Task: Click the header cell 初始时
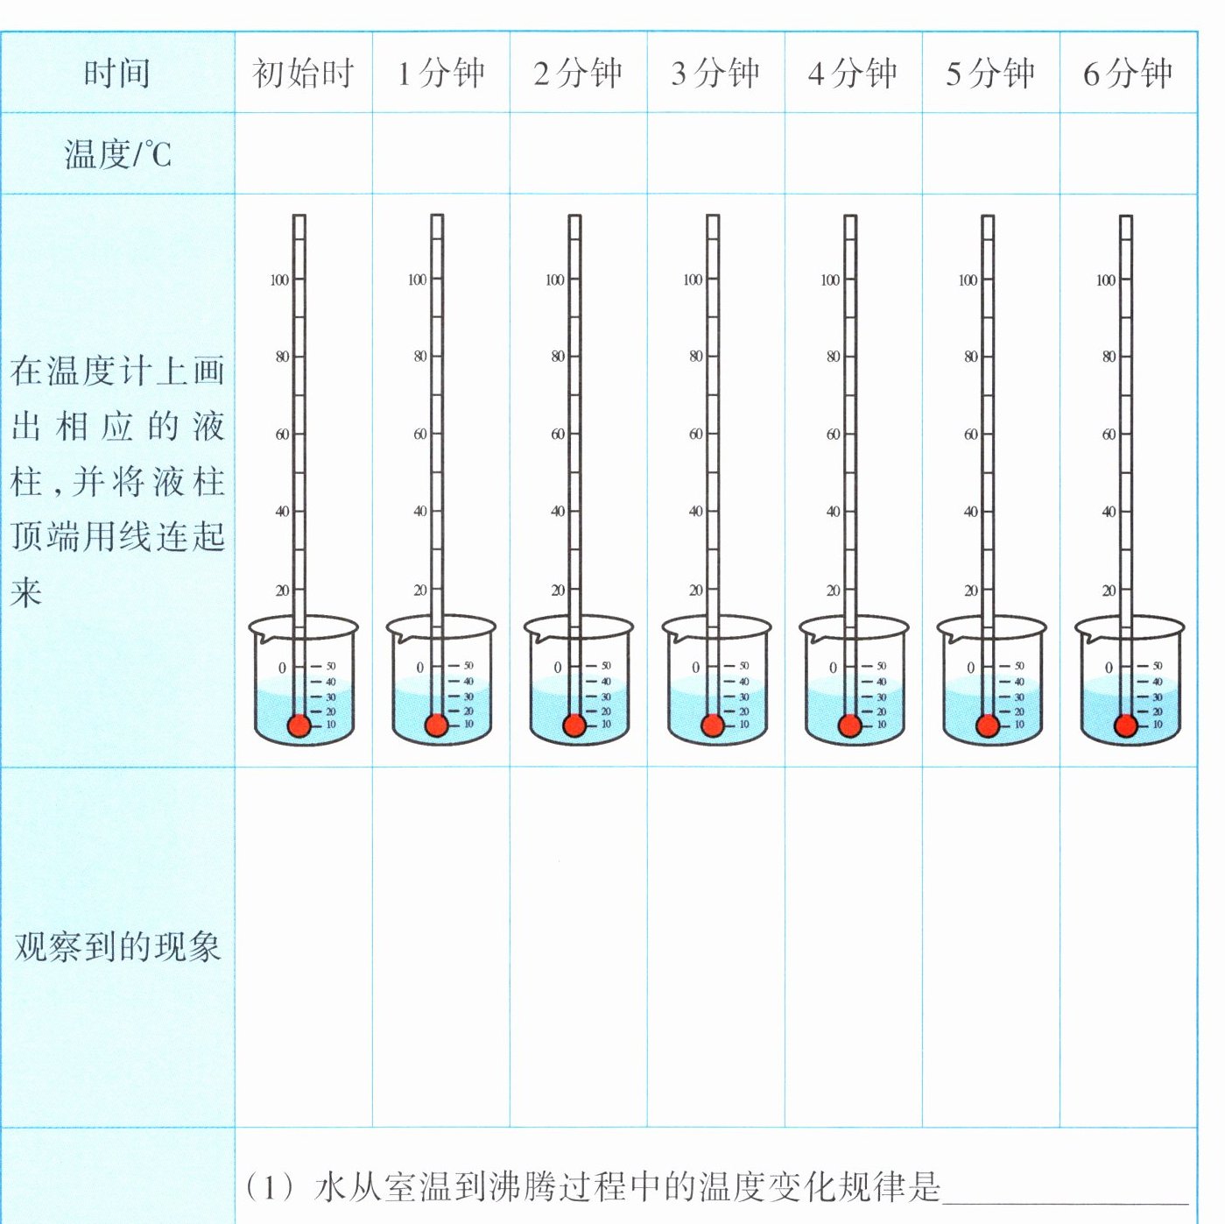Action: click(303, 74)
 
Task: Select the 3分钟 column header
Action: click(715, 74)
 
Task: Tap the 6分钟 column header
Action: click(1128, 74)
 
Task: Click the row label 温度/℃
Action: click(117, 155)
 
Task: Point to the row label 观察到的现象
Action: click(117, 947)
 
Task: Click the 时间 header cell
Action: click(117, 74)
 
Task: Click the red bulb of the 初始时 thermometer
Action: click(299, 725)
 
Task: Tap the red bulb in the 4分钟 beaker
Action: click(849, 725)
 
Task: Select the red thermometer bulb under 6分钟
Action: click(1126, 725)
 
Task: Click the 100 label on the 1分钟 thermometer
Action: click(417, 279)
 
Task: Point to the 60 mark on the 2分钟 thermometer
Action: click(557, 434)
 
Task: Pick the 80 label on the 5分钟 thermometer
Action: click(970, 357)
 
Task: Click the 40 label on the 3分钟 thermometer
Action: click(695, 511)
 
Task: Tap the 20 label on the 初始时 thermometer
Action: click(282, 590)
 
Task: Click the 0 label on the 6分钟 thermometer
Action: click(1109, 668)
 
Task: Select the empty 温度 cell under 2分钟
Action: click(578, 153)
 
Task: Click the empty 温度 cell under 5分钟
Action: click(990, 153)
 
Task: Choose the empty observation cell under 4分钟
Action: click(853, 947)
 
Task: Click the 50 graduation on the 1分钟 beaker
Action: click(468, 666)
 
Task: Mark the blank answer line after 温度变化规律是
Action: click(1064, 1192)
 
